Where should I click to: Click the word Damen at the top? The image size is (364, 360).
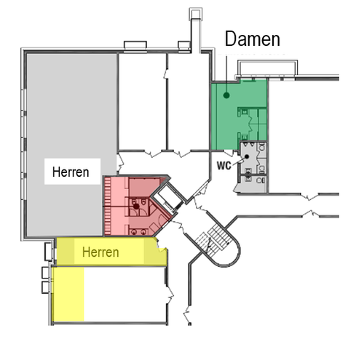point(252,40)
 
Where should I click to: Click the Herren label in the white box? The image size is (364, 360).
point(71,172)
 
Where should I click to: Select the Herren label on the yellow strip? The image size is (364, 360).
point(106,253)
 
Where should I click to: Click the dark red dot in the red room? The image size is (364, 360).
point(136,206)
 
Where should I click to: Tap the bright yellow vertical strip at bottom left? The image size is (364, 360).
point(68,295)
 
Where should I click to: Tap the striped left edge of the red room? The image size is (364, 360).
point(108,207)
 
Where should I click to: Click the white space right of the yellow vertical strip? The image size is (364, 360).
point(124,295)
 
